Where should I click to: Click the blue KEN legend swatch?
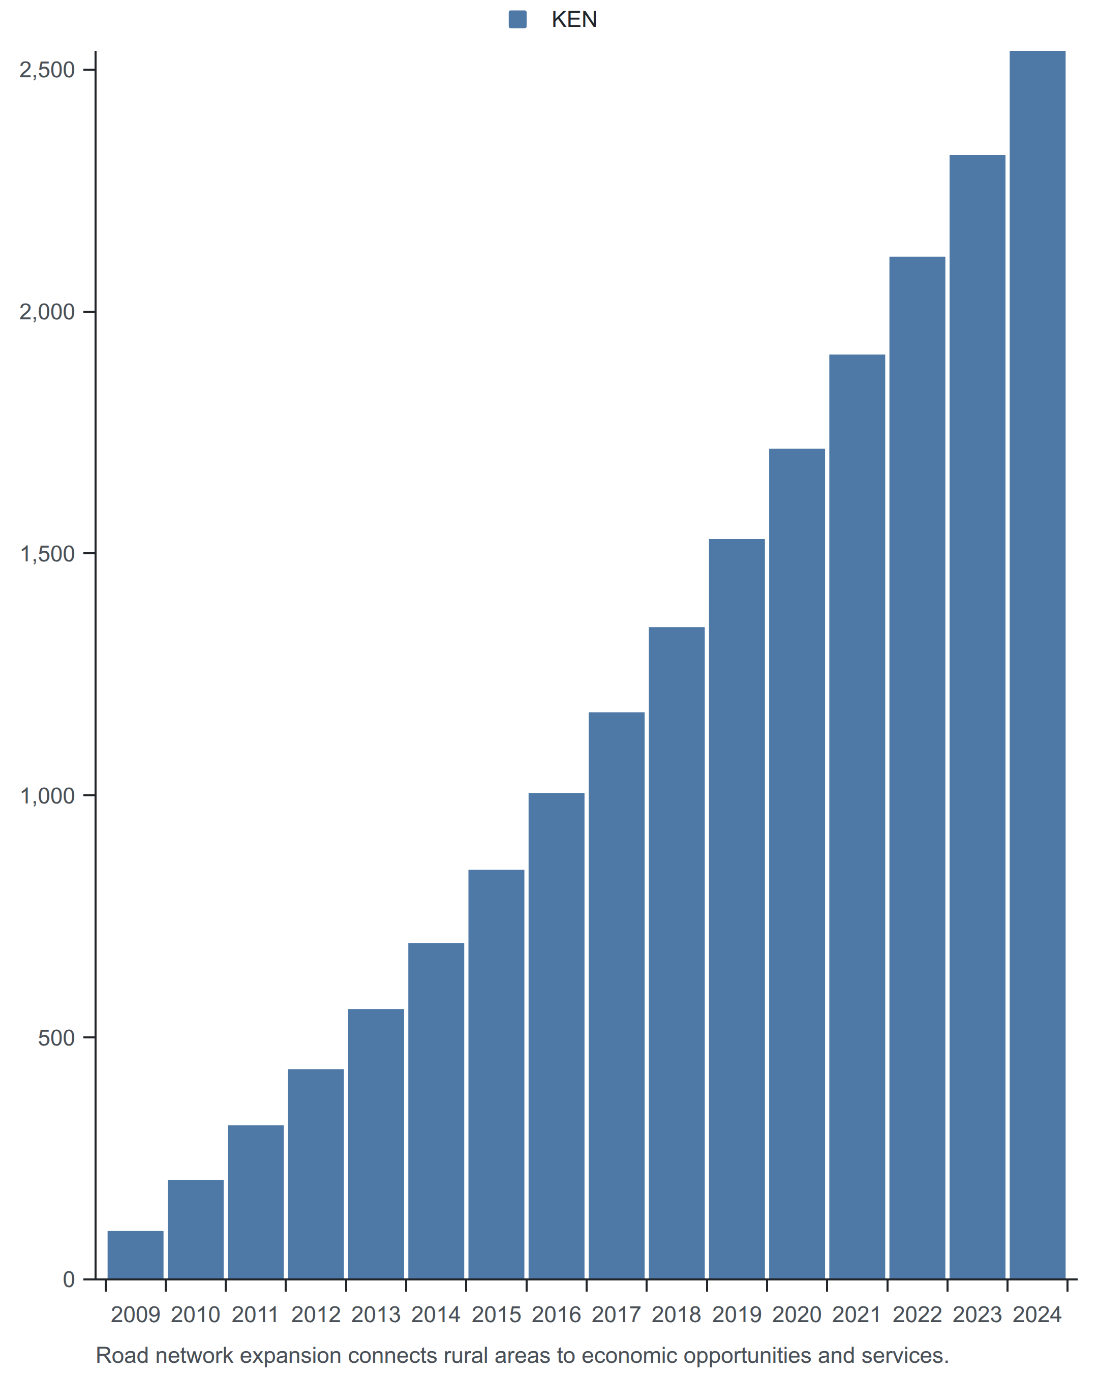tap(517, 20)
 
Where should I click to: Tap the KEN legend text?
tap(574, 20)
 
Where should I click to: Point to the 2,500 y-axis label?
tap(48, 70)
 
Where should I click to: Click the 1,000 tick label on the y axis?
tap(48, 795)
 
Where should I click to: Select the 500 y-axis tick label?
tap(56, 1037)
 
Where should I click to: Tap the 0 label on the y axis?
tap(69, 1279)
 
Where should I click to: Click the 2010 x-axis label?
tap(195, 1315)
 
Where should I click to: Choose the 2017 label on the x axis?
tap(616, 1315)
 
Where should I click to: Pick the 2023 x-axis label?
tap(977, 1315)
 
